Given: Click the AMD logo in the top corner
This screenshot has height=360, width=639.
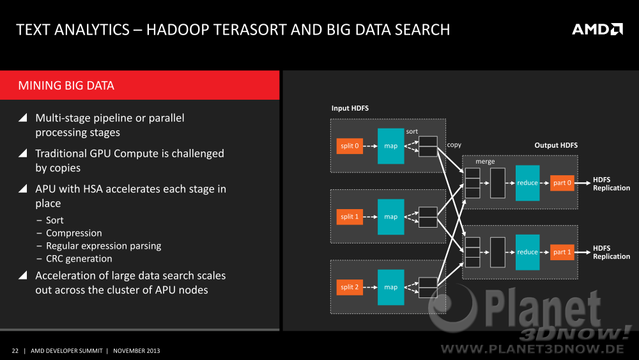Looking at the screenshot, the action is [x=597, y=29].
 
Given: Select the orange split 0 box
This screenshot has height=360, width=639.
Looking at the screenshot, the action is [x=350, y=146].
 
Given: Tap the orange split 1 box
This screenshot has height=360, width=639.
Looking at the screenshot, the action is [x=350, y=217].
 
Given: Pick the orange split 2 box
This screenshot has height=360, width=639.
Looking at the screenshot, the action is [x=350, y=287].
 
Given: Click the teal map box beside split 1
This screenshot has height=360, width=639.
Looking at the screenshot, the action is [x=391, y=217].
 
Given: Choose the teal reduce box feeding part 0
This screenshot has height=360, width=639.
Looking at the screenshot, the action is [x=527, y=183].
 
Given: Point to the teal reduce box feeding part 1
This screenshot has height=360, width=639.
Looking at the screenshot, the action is [x=527, y=252].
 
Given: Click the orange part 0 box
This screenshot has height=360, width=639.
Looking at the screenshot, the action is [x=562, y=183].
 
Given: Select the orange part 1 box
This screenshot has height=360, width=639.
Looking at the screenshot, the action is [x=562, y=252].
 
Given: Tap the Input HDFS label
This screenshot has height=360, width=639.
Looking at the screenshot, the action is [x=350, y=108].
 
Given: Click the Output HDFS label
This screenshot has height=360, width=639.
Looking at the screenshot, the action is [x=556, y=145].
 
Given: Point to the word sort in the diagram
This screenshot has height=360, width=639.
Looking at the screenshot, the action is [x=412, y=131].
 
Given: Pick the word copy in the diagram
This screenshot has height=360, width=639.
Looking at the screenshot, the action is [x=454, y=145].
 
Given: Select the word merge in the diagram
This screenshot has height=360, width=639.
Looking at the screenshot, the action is [x=485, y=161].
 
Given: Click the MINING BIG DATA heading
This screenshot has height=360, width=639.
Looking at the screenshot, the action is [x=66, y=86].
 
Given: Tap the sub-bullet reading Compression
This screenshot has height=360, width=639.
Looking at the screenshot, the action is [x=73, y=233].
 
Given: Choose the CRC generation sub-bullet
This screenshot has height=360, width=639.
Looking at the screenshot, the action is [x=79, y=258].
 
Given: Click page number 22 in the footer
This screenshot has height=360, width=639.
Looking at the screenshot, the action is [x=15, y=350].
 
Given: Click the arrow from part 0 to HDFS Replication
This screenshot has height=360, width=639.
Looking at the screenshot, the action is [x=582, y=183].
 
